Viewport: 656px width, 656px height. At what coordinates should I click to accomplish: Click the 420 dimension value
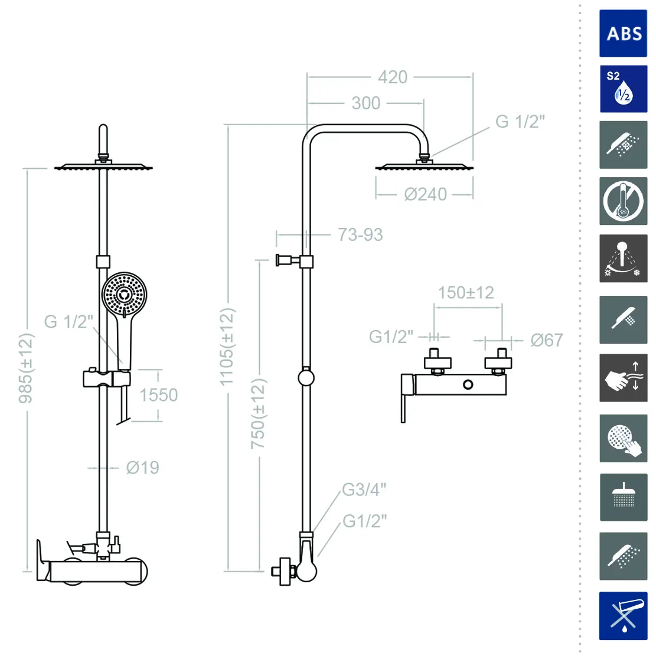[393, 77]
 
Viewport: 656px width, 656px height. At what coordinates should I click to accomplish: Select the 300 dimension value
[366, 103]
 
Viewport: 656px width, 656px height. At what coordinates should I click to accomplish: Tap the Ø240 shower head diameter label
[426, 194]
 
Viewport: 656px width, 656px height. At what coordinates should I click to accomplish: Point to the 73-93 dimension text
[360, 234]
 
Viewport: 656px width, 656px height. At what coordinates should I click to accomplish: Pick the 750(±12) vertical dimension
[257, 414]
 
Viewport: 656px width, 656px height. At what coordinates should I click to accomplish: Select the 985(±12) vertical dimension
[25, 368]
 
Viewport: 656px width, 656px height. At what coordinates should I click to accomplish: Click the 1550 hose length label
[159, 396]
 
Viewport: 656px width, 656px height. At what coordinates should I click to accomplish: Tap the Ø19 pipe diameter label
[142, 468]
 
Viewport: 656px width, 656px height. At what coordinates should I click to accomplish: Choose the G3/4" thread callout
[364, 489]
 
